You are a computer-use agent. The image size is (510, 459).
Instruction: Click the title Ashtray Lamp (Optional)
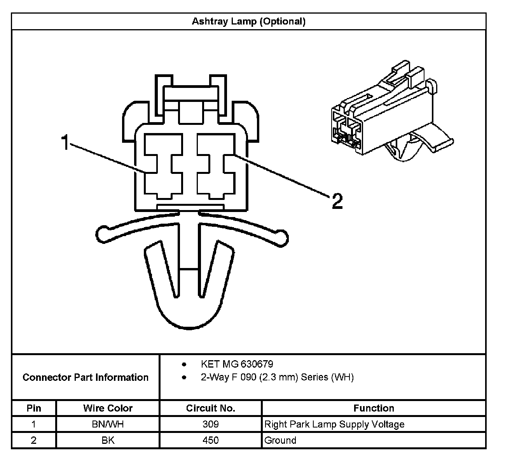pyautogui.click(x=249, y=21)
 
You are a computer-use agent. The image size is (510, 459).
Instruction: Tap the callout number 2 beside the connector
pyautogui.click(x=337, y=201)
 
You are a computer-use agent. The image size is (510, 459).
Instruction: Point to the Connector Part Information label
pyautogui.click(x=86, y=377)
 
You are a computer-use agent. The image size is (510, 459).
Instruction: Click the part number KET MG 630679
pyautogui.click(x=237, y=364)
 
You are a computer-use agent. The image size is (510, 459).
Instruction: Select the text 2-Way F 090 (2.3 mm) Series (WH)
pyautogui.click(x=277, y=377)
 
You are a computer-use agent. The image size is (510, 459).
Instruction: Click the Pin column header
pyautogui.click(x=34, y=408)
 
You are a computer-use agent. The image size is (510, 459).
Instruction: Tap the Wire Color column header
pyautogui.click(x=108, y=408)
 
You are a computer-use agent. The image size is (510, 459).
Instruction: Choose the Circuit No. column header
pyautogui.click(x=210, y=408)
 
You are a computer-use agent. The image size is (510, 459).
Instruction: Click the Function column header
pyautogui.click(x=374, y=408)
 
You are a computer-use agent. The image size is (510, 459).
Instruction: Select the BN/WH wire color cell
pyautogui.click(x=108, y=424)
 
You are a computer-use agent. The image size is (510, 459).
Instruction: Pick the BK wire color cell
pyautogui.click(x=108, y=440)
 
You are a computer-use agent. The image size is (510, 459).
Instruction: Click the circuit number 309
pyautogui.click(x=210, y=424)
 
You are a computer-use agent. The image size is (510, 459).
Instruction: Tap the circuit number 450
pyautogui.click(x=210, y=440)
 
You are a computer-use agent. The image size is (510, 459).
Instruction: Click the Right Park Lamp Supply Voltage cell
pyautogui.click(x=334, y=424)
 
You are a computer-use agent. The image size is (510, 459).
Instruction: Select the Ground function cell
pyautogui.click(x=280, y=440)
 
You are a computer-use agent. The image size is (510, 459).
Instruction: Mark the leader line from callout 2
pyautogui.click(x=280, y=175)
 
